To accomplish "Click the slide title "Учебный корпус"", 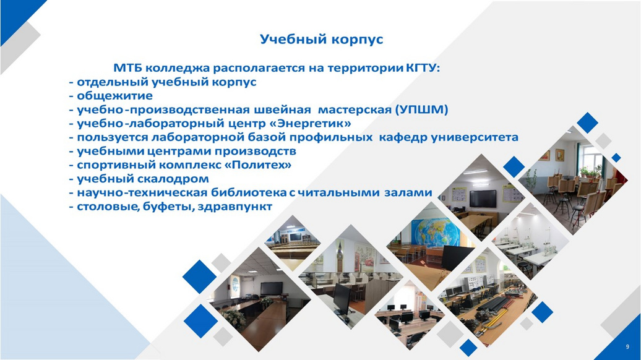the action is pyautogui.click(x=321, y=40).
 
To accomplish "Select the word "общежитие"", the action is pyautogui.click(x=115, y=96).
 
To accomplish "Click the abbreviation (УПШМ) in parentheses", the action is pyautogui.click(x=421, y=109).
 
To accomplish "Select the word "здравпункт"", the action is pyautogui.click(x=234, y=207).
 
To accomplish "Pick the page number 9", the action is pyautogui.click(x=627, y=347).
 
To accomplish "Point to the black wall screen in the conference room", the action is pyautogui.click(x=272, y=288).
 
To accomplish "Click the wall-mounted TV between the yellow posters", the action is pyautogui.click(x=483, y=198).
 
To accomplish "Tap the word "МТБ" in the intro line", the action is pyautogui.click(x=127, y=68).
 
